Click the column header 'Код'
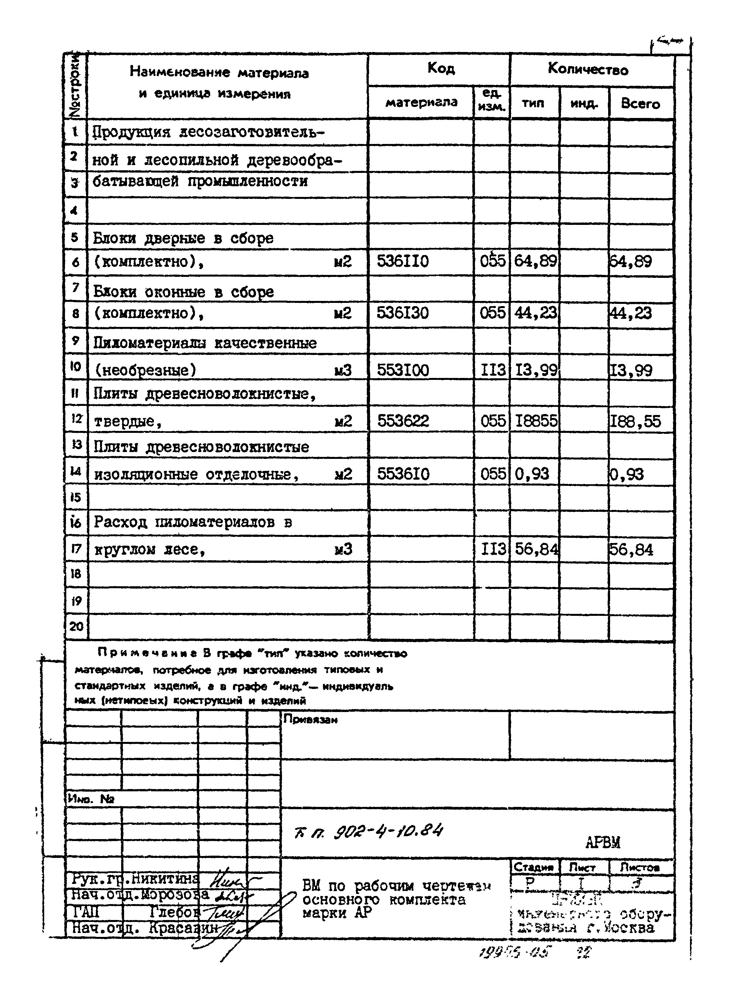point(441,69)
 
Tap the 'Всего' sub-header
point(640,103)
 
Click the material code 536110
point(403,261)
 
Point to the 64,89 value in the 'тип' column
point(535,261)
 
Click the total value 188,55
point(635,421)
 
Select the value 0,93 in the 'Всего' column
point(627,474)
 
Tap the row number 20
point(76,626)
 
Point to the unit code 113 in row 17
point(493,549)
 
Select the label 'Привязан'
point(310,719)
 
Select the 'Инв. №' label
point(91,798)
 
